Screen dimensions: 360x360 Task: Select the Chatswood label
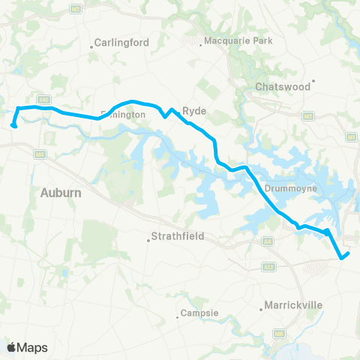point(283,87)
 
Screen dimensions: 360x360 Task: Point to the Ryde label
point(194,110)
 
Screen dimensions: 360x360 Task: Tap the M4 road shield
point(40,154)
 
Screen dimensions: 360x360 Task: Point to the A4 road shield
point(268,241)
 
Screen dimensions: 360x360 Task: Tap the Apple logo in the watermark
point(11,347)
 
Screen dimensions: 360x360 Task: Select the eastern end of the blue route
point(348,253)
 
